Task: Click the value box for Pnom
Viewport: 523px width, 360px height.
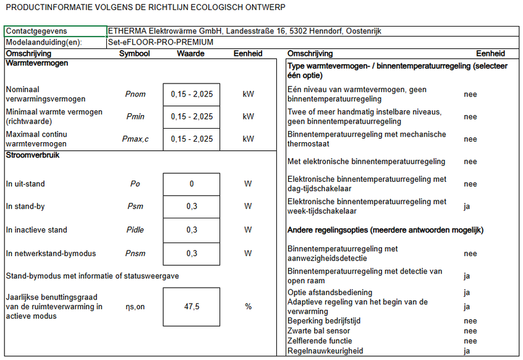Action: pyautogui.click(x=192, y=94)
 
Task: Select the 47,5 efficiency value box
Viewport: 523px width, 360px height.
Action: pyautogui.click(x=192, y=306)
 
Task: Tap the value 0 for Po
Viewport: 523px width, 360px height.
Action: pyautogui.click(x=192, y=184)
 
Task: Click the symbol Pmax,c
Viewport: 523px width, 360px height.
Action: pyautogui.click(x=135, y=139)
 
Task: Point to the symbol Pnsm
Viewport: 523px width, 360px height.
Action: pyautogui.click(x=135, y=253)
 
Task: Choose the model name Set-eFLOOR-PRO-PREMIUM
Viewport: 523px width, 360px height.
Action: pyautogui.click(x=161, y=43)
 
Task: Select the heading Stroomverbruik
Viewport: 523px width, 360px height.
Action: pyautogui.click(x=32, y=155)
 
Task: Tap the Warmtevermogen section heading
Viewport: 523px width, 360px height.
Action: pyautogui.click(x=36, y=63)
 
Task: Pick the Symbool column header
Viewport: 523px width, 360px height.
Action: pyautogui.click(x=134, y=54)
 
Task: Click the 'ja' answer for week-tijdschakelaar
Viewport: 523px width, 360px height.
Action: pyautogui.click(x=467, y=207)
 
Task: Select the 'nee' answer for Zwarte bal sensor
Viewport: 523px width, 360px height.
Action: pyautogui.click(x=470, y=331)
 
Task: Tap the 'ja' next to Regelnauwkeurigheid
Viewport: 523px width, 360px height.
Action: pyautogui.click(x=467, y=351)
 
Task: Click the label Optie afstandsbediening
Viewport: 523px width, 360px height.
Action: pyautogui.click(x=330, y=293)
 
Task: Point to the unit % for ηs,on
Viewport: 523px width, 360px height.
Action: pyautogui.click(x=248, y=306)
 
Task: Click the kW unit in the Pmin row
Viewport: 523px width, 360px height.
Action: pyautogui.click(x=248, y=116)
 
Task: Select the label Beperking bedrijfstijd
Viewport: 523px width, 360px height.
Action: pyautogui.click(x=324, y=321)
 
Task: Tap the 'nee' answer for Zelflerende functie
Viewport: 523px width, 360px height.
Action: pyautogui.click(x=470, y=341)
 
